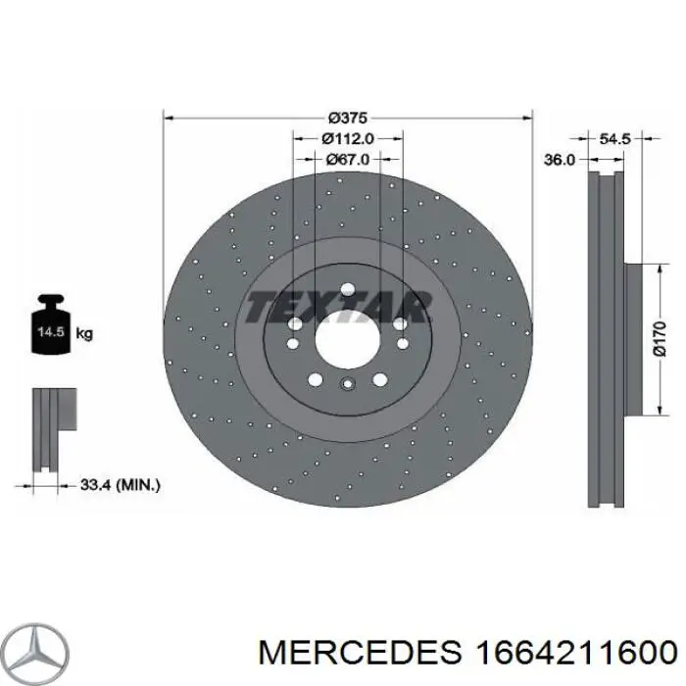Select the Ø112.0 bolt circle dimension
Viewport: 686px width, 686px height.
click(x=347, y=139)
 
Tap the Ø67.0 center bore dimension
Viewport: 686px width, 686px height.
click(x=347, y=159)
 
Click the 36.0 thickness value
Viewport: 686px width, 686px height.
click(x=559, y=159)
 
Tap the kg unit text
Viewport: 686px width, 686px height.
click(x=84, y=334)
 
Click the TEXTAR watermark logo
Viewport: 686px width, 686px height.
click(x=337, y=307)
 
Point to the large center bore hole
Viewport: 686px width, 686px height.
click(x=347, y=338)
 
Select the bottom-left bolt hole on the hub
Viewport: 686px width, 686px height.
click(x=315, y=378)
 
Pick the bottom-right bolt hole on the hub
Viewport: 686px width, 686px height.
click(x=379, y=378)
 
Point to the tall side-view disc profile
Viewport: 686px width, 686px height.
click(x=606, y=338)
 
